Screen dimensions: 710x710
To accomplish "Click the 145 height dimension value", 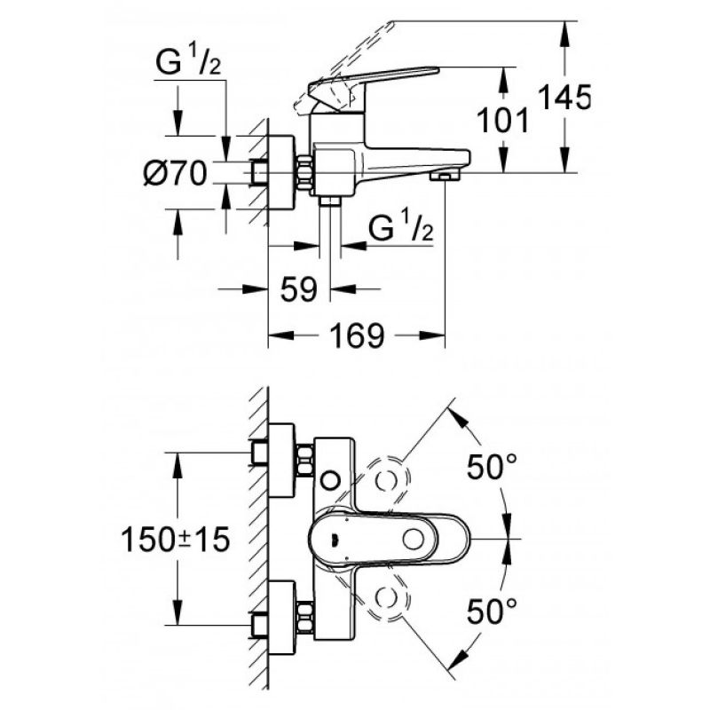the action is pyautogui.click(x=564, y=98).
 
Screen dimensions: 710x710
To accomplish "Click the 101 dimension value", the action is pyautogui.click(x=503, y=121).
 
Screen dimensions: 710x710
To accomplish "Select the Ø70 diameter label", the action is pyautogui.click(x=175, y=173).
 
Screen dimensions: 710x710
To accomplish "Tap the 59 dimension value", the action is pyautogui.click(x=299, y=289).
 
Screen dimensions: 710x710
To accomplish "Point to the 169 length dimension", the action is pyautogui.click(x=358, y=335).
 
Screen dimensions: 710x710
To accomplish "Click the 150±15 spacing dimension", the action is pyautogui.click(x=176, y=540).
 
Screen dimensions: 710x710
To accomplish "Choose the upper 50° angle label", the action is pyautogui.click(x=492, y=467).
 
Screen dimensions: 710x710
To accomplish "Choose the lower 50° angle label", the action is pyautogui.click(x=492, y=611).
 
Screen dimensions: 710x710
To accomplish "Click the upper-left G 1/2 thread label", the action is pyautogui.click(x=188, y=62).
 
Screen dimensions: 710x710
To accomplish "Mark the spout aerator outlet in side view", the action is pyautogui.click(x=446, y=175).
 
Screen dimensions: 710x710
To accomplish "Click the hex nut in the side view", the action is pyautogui.click(x=304, y=173).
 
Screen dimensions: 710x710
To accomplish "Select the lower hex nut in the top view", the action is pyautogui.click(x=304, y=617).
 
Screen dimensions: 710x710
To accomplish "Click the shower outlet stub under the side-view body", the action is pyautogui.click(x=329, y=202).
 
